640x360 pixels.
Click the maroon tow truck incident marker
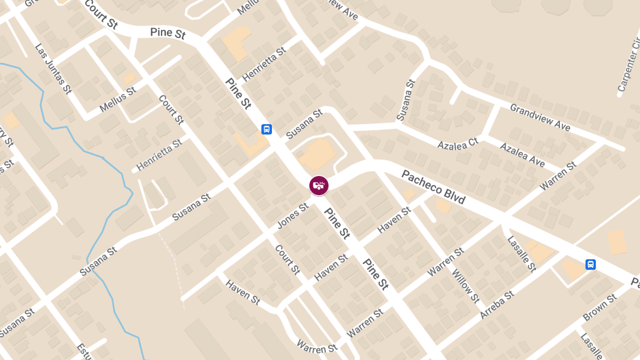point(319,186)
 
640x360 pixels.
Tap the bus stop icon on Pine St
point(267,129)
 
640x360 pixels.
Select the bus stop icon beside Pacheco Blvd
point(590,264)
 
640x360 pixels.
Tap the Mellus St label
point(118,101)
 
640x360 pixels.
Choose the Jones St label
point(293,214)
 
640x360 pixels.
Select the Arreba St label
point(497,305)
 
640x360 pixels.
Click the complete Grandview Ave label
point(540,117)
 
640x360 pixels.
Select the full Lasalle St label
point(522,254)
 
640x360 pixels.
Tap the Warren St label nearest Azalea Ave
point(558,177)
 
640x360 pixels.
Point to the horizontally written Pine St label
point(167,33)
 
